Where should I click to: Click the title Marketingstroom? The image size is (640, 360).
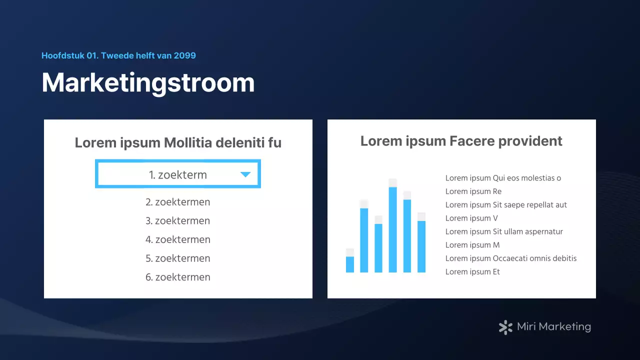148,83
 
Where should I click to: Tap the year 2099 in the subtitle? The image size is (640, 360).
185,55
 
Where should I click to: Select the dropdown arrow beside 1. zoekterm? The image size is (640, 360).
245,174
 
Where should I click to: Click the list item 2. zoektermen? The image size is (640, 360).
178,202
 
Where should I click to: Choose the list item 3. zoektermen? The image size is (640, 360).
178,221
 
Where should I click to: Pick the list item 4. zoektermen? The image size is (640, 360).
178,240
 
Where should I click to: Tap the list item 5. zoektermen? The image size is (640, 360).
178,258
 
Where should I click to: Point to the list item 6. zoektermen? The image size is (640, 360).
178,277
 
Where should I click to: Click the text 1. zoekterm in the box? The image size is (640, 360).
178,175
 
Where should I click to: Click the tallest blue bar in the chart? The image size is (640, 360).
393,230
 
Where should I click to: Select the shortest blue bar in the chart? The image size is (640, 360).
350,264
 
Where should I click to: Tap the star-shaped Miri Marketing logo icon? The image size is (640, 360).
505,327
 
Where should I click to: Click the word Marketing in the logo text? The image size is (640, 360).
564,327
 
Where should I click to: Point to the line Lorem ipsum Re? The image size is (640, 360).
473,191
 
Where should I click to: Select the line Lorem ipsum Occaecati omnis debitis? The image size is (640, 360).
511,258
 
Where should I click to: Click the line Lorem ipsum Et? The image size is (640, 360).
472,272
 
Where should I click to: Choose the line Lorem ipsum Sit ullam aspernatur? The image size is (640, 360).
504,231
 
